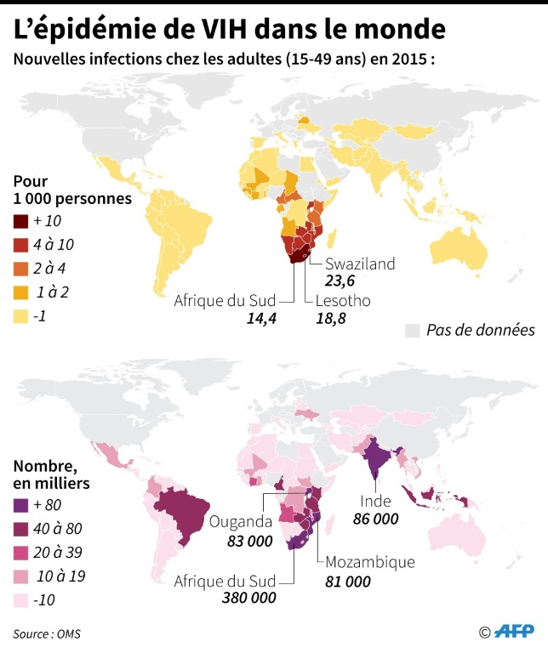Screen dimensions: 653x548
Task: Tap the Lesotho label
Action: pyautogui.click(x=343, y=301)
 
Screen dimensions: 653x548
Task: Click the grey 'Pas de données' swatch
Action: pyautogui.click(x=414, y=330)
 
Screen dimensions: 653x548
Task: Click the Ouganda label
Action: pyautogui.click(x=243, y=521)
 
